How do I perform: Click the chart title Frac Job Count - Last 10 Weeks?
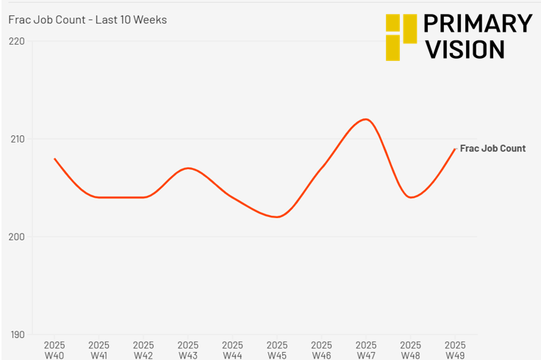87,20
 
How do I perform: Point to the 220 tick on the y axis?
17,41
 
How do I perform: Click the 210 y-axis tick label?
17,139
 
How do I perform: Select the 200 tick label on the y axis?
17,237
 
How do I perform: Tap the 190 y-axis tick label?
17,335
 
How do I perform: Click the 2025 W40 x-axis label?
54,350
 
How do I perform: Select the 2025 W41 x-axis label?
99,350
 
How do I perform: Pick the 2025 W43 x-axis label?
188,350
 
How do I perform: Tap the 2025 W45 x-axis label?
277,350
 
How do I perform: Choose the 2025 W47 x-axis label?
366,350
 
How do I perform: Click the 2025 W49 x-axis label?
455,350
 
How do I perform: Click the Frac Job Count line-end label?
492,148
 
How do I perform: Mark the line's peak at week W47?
366,119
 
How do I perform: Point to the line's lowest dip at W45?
277,217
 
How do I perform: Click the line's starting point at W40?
54,159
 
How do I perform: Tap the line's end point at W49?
455,149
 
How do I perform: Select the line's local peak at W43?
188,168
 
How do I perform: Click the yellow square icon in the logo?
401,37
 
